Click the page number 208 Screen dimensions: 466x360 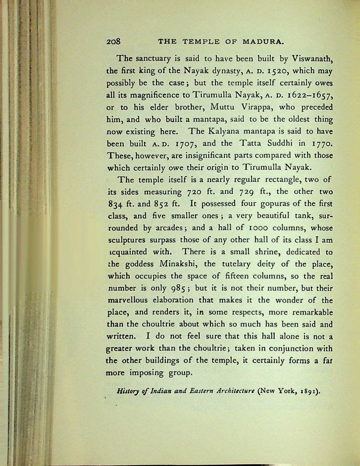click(113, 42)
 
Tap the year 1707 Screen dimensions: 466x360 click(185, 143)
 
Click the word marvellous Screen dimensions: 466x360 click(127, 300)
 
